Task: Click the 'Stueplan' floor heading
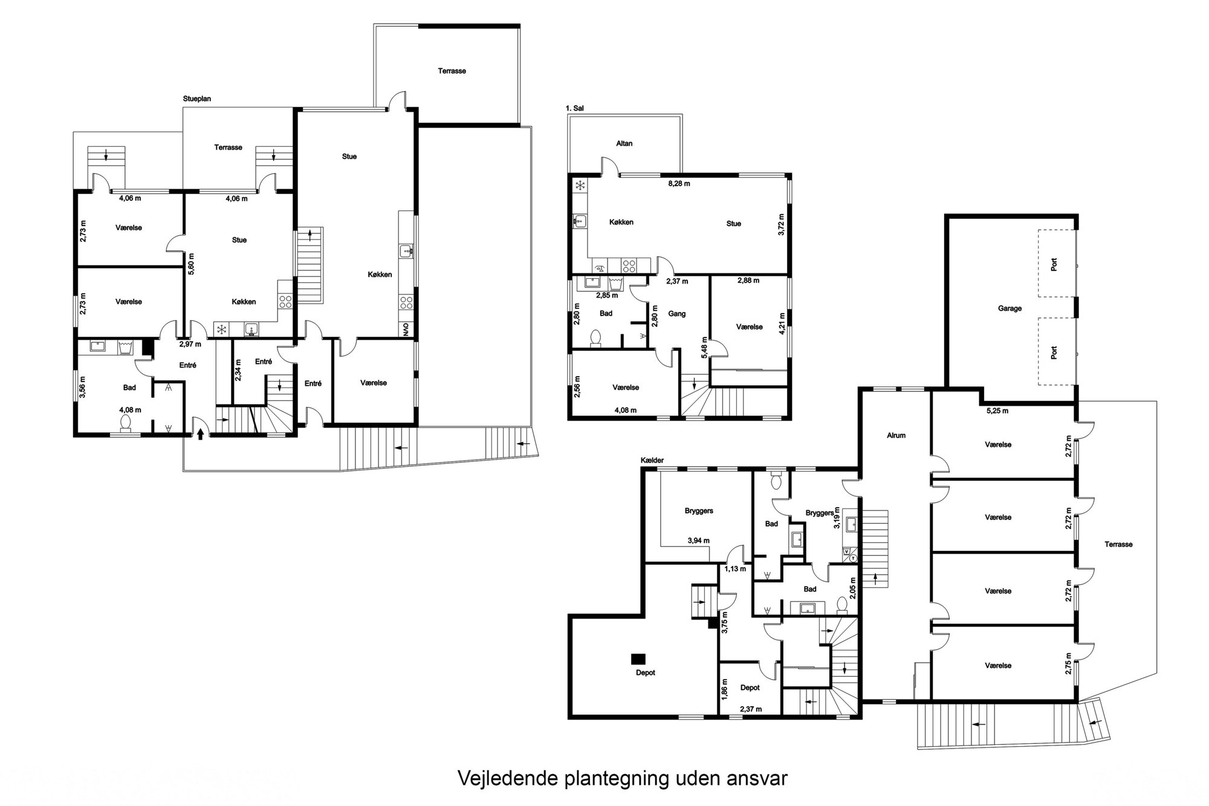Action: point(197,99)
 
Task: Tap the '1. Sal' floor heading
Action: point(575,108)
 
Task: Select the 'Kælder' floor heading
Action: point(653,460)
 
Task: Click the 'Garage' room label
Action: point(1010,308)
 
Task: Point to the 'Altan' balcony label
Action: point(624,143)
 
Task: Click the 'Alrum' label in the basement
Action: point(896,435)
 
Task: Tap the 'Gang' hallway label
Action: point(677,314)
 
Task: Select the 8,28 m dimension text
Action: point(679,183)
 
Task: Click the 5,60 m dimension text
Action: point(192,264)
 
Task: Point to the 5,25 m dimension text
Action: point(997,411)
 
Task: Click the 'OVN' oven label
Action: point(406,330)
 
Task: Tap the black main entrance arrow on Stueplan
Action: point(201,433)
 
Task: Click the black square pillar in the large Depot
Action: point(638,658)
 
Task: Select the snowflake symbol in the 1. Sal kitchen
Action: point(580,186)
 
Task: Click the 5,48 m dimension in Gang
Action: point(704,348)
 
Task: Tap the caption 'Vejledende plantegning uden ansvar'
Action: point(623,778)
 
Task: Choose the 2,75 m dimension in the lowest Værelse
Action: point(1068,664)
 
